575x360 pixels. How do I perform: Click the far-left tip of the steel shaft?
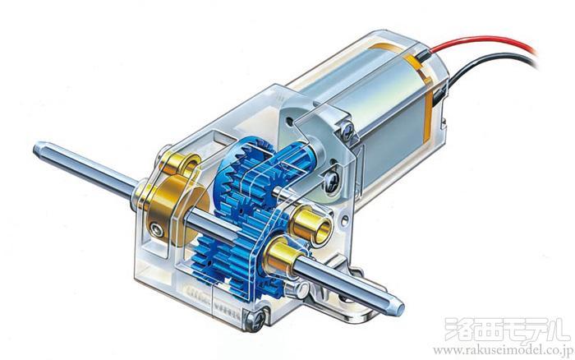(34, 150)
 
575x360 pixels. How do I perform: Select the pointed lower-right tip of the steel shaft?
(402, 309)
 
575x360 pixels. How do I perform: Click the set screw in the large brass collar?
(158, 230)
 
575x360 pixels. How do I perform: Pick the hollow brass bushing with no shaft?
(311, 224)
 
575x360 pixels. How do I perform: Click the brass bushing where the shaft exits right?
(282, 257)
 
